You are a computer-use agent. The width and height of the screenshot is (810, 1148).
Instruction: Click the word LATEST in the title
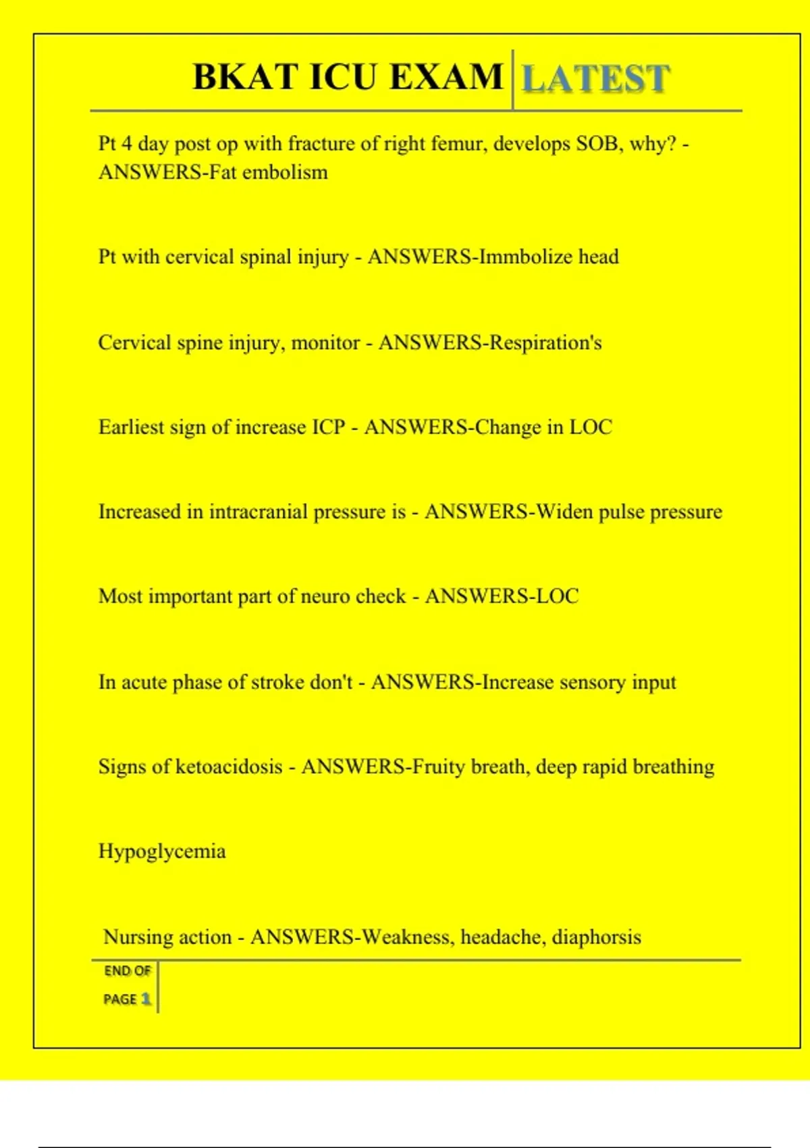click(x=596, y=78)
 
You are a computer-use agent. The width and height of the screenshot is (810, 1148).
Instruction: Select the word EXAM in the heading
click(x=447, y=76)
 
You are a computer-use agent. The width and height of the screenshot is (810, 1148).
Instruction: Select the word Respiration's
click(x=545, y=343)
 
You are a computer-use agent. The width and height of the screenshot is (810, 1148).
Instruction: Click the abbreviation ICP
click(x=328, y=427)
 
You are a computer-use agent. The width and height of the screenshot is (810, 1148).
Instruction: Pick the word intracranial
click(x=258, y=512)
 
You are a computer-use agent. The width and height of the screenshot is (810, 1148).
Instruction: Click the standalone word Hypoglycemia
click(x=162, y=852)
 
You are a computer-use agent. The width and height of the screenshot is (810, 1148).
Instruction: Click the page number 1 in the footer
click(x=145, y=999)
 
